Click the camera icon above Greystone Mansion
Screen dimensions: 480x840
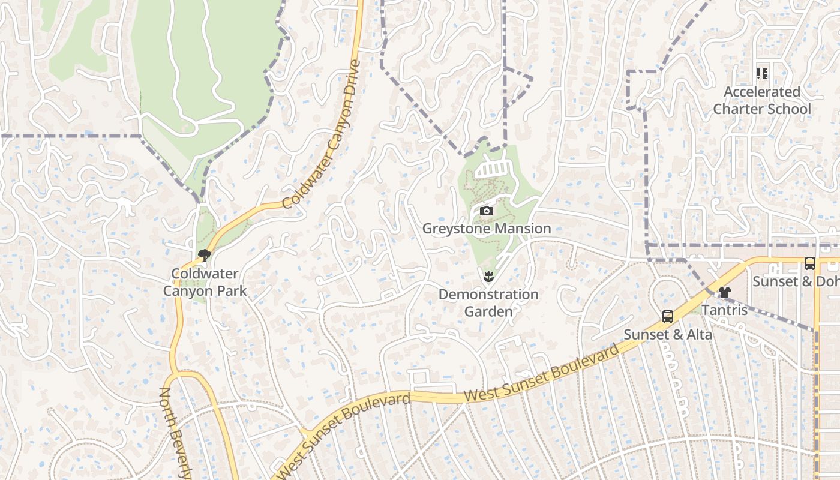tap(487, 211)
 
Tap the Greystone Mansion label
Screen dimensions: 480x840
tap(487, 229)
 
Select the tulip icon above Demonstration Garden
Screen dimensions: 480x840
tap(488, 277)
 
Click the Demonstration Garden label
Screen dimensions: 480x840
tap(488, 303)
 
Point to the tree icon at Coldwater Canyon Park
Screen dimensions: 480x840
tap(205, 256)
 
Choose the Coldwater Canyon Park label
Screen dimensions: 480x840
tap(205, 283)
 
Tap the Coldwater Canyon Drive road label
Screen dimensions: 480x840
tap(322, 134)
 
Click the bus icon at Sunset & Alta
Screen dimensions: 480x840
tap(667, 317)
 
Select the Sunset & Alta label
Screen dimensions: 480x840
tap(668, 334)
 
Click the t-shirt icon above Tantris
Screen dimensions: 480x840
tap(725, 292)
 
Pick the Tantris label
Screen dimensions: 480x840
tap(725, 310)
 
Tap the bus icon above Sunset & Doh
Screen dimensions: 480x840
tap(809, 263)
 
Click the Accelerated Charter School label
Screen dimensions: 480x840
tap(762, 100)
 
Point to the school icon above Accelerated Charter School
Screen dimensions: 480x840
tap(762, 74)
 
